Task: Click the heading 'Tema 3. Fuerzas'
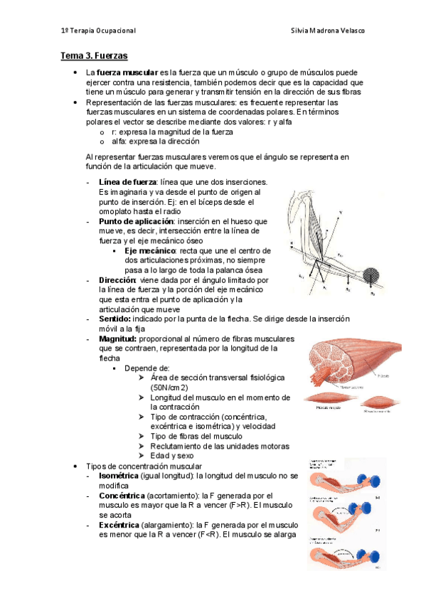coord(93,54)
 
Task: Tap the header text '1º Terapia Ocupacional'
coord(97,31)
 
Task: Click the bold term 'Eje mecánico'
coord(150,251)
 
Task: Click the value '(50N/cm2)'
coord(169,388)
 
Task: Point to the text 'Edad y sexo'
coord(173,456)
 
